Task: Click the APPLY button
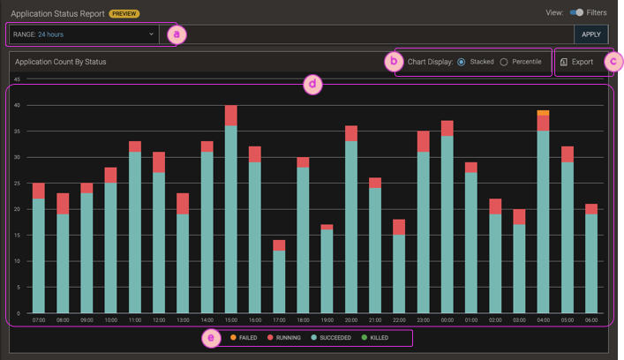coord(591,34)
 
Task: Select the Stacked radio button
coord(462,62)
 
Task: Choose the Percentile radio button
coord(504,62)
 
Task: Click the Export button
coord(577,62)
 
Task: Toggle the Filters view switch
coord(576,12)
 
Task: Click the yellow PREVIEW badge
coord(124,14)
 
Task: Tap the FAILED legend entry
coord(243,338)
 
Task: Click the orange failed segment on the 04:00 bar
coord(543,113)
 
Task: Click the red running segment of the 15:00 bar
coord(230,116)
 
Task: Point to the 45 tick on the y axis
coord(17,79)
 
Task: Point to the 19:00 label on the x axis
coord(327,320)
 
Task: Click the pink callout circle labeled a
coord(177,34)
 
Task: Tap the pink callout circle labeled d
coord(312,85)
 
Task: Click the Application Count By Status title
coord(61,63)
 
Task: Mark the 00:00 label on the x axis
coord(447,320)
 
